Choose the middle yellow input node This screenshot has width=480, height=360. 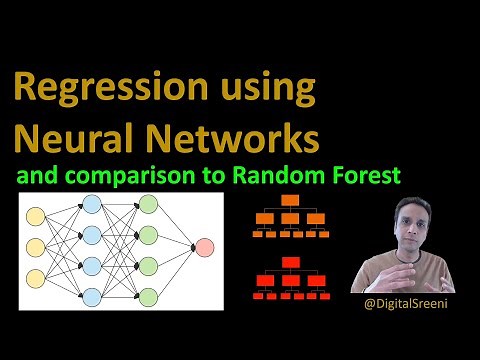point(36,246)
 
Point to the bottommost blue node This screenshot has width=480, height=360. point(92,296)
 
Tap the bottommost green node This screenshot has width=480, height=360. point(148,296)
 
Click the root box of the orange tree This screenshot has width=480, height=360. point(290,200)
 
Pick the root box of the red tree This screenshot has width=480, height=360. point(291,263)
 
